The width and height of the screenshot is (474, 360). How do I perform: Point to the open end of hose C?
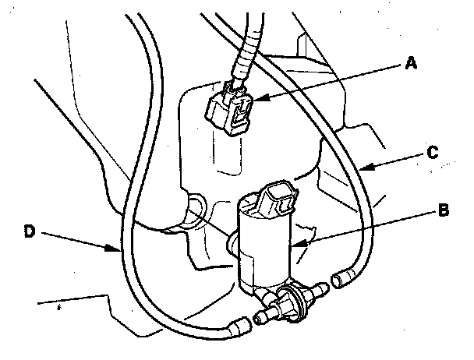click(340, 276)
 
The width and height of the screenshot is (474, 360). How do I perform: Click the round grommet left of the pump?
click(196, 209)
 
